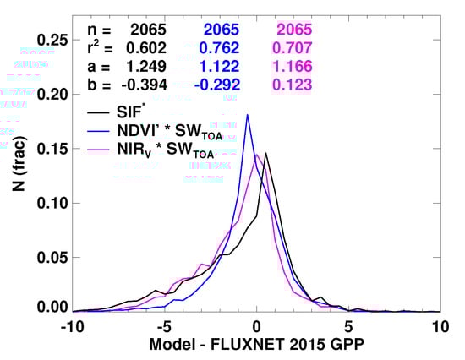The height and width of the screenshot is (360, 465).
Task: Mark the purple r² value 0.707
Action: [293, 46]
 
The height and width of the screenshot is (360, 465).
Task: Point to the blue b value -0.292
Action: [216, 84]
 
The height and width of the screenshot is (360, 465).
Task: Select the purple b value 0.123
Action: [293, 84]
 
